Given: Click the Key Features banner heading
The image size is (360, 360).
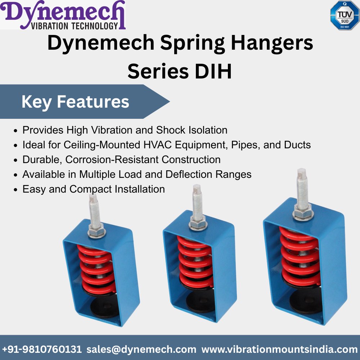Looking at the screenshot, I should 75,102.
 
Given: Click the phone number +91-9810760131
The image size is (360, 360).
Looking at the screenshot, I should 42,349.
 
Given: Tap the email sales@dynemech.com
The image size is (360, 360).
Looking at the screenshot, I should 141,349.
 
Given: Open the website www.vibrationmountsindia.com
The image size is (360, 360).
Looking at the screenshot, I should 279,349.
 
